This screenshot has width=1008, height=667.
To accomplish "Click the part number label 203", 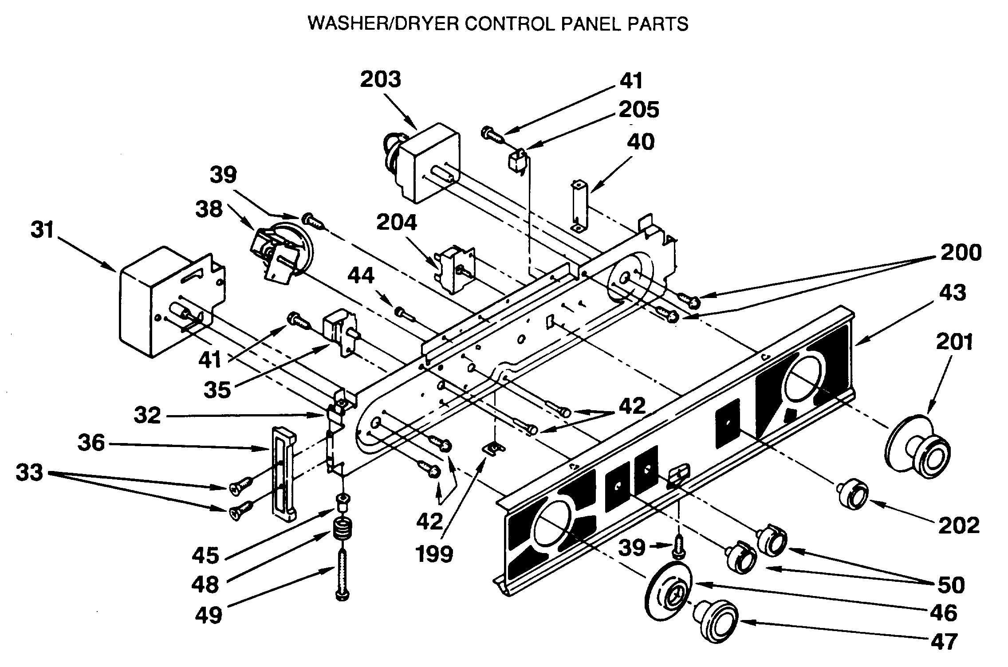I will (x=380, y=80).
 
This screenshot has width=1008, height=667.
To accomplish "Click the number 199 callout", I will (x=434, y=553).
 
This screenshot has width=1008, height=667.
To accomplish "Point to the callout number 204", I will (x=397, y=222).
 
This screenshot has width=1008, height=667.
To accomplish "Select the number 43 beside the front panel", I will (x=953, y=293).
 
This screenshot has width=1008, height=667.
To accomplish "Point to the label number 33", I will (x=29, y=473).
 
